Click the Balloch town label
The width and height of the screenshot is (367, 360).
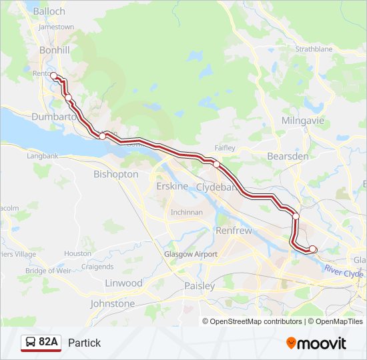(x=49, y=11)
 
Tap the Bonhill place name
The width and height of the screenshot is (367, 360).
(x=54, y=50)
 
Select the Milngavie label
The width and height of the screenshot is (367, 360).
(x=303, y=121)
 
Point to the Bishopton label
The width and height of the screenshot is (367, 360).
(x=116, y=174)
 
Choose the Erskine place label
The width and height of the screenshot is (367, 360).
(x=172, y=186)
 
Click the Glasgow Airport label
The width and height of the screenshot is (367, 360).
(x=191, y=254)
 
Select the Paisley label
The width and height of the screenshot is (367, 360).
(x=200, y=286)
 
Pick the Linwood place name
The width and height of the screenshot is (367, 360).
(x=123, y=283)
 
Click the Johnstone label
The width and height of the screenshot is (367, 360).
(x=112, y=303)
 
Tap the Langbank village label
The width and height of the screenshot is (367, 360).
(x=43, y=156)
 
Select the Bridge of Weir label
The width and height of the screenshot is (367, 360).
(x=48, y=271)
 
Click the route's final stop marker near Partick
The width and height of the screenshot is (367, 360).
(x=312, y=249)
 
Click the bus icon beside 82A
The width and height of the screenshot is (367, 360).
(x=31, y=343)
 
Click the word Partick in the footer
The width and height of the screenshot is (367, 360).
(x=84, y=343)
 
